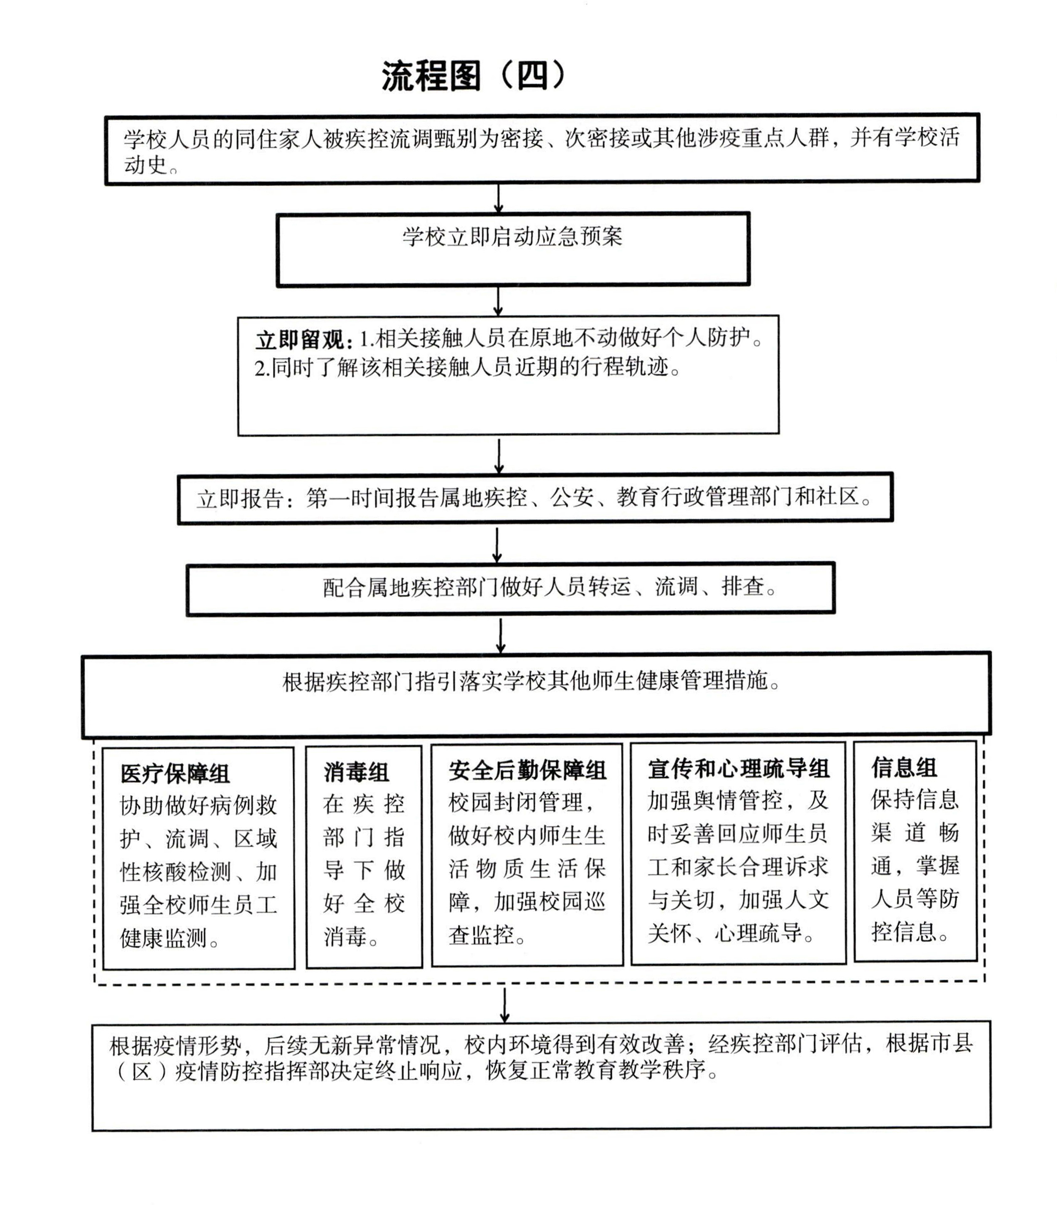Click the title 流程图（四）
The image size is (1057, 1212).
click(x=474, y=76)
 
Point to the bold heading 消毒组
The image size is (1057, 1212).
click(x=356, y=772)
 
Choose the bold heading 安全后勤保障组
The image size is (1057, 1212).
click(x=527, y=770)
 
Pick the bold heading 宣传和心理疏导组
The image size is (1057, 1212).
click(x=739, y=769)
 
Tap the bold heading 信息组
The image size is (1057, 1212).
click(x=904, y=768)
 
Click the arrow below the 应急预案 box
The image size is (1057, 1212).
click(x=498, y=302)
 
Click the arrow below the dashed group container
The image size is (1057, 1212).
click(x=504, y=1005)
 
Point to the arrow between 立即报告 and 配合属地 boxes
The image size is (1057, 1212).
click(x=497, y=545)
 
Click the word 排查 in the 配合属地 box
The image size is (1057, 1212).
click(x=743, y=587)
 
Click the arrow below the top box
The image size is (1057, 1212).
click(x=498, y=199)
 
